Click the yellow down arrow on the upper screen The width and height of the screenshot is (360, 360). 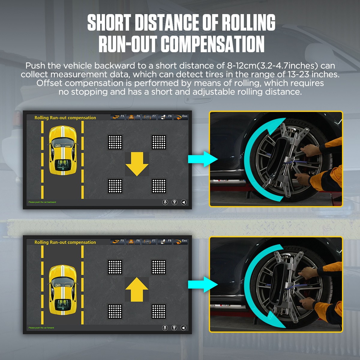137,164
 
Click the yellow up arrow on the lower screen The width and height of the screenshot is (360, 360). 137,289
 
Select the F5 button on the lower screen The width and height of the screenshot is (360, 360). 118,241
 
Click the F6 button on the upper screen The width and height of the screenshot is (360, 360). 133,117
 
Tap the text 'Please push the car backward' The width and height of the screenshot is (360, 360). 42,202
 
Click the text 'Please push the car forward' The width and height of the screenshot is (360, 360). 41,328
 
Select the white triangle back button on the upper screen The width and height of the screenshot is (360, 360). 184,202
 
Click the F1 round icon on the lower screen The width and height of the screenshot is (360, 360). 165,328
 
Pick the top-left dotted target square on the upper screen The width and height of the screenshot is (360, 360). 115,142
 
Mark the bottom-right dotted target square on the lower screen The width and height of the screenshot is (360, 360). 159,311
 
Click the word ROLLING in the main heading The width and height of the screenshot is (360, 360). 248,23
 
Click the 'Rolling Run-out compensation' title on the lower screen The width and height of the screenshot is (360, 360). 65,242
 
